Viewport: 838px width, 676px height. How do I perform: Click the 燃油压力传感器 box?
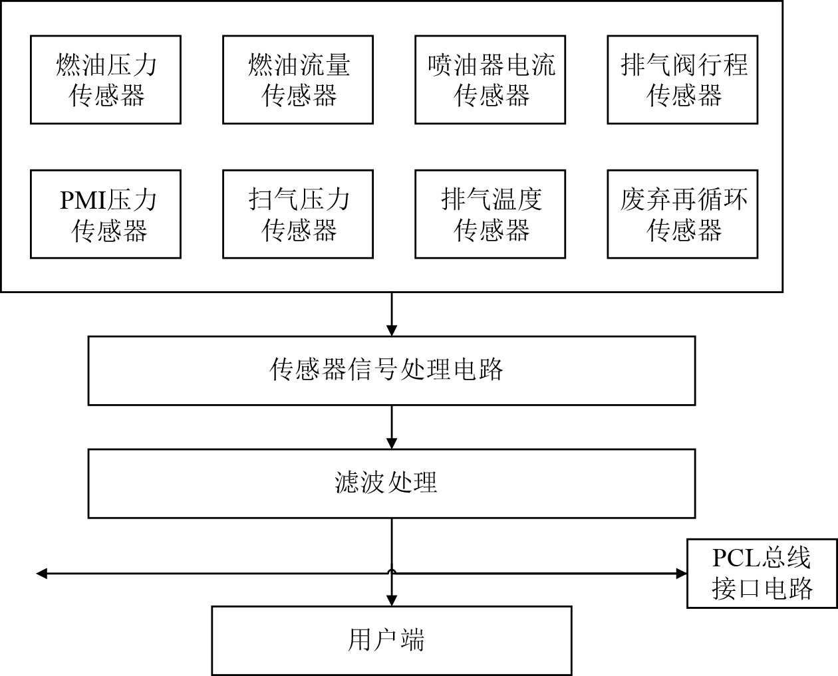106,80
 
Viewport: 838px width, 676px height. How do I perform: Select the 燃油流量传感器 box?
298,80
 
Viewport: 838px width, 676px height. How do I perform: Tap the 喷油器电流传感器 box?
490,80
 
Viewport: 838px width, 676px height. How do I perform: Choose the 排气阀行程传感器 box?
682,80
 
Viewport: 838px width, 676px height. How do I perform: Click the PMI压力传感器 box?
106,214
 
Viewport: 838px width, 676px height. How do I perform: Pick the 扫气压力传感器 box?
298,214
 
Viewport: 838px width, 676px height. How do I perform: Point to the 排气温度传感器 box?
490,214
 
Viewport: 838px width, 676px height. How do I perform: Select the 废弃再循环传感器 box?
682,214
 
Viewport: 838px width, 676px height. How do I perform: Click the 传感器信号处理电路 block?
392,370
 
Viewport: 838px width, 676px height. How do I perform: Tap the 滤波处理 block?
392,483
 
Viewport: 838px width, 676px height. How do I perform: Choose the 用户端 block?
392,640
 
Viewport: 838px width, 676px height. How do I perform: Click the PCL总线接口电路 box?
762,573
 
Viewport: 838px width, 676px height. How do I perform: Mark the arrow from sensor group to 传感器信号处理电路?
392,314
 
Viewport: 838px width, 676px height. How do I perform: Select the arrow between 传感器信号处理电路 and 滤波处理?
392,427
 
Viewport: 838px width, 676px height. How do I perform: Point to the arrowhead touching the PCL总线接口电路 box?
681,573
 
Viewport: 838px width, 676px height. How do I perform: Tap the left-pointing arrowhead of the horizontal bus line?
41,573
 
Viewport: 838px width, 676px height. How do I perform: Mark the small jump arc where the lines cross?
392,570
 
